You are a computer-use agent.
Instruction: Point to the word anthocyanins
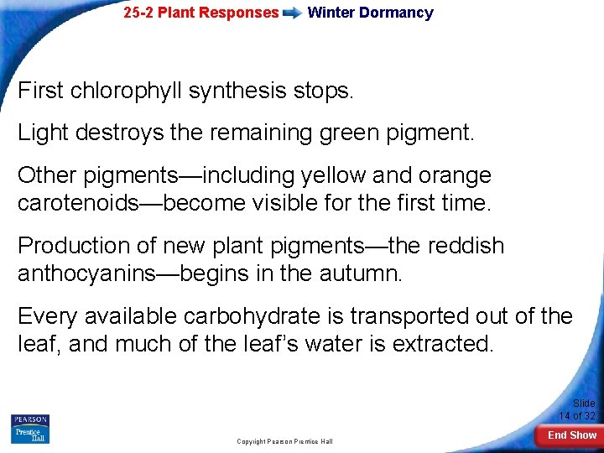[x=91, y=273]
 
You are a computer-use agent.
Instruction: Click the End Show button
[x=572, y=435]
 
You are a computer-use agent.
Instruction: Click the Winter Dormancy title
[x=371, y=13]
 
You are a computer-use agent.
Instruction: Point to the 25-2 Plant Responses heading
[x=200, y=13]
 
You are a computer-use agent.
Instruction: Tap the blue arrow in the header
[x=293, y=13]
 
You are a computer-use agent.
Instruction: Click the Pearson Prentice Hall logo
[x=30, y=428]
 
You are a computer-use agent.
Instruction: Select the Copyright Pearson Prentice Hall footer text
[x=284, y=441]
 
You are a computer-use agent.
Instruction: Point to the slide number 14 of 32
[x=577, y=409]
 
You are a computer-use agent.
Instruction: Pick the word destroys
[x=121, y=132]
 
